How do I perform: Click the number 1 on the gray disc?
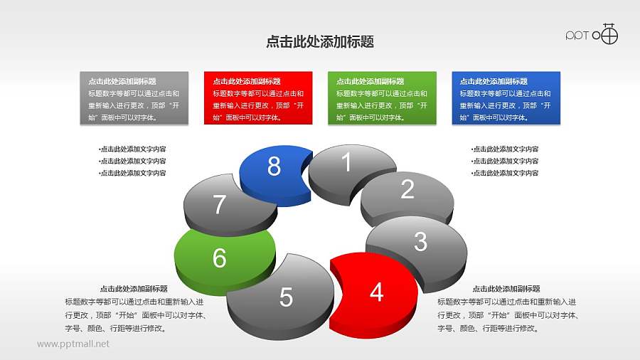pos(346,163)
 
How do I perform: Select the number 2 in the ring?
pos(407,189)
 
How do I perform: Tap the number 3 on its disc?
pos(420,242)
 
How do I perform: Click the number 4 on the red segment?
pos(377,292)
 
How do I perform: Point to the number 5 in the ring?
pos(286,297)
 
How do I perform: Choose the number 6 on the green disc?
pos(220,258)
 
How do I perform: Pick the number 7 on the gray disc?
pos(220,205)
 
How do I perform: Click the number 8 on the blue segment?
pos(274,166)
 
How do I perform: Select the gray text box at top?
pos(134,98)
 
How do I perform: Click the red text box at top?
pos(257,98)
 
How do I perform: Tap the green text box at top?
pos(381,98)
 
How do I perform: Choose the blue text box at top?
pos(506,98)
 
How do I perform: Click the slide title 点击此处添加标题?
pos(320,43)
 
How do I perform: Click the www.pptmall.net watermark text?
pos(73,344)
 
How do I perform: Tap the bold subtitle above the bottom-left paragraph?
pos(134,289)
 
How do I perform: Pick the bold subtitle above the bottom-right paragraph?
pos(506,289)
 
